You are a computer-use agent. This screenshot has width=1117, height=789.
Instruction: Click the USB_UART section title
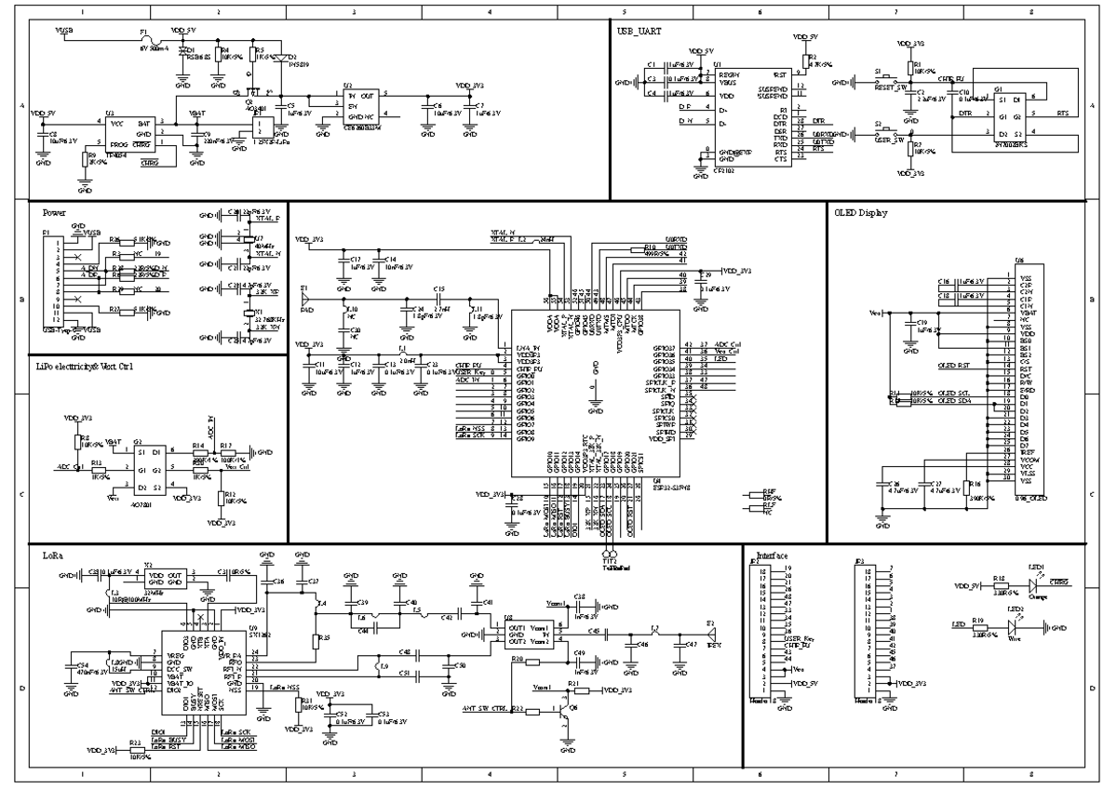[639, 31]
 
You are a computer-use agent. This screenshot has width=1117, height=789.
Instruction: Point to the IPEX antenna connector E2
[710, 630]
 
